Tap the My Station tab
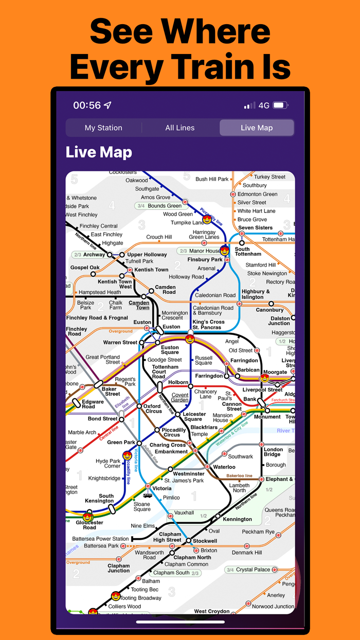click(103, 128)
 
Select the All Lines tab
click(180, 128)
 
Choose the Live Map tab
click(257, 128)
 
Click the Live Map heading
click(99, 152)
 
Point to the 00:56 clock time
click(87, 105)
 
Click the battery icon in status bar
click(280, 105)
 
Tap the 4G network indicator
click(264, 105)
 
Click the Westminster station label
click(189, 473)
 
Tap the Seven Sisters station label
click(256, 227)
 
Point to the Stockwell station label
click(205, 541)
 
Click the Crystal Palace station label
click(253, 570)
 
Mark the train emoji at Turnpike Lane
click(207, 220)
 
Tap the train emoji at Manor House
click(224, 251)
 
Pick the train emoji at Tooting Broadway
click(116, 597)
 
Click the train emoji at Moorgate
click(265, 378)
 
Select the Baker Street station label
click(111, 392)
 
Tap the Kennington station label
click(237, 519)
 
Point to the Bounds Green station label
click(165, 206)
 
